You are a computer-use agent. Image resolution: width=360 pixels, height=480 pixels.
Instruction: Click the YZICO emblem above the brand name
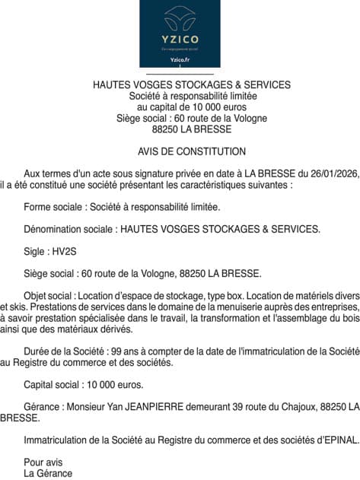click(180, 17)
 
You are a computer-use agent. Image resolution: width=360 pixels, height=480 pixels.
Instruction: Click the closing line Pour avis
click(43, 462)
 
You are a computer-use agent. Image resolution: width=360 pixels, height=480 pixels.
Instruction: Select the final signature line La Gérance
click(48, 473)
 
